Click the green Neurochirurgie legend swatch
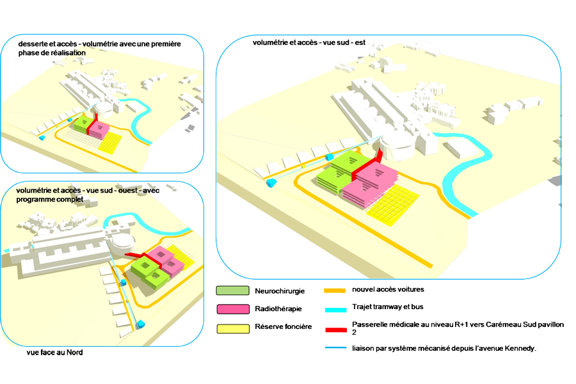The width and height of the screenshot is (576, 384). [232, 292]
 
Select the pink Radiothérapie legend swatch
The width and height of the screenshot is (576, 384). [232, 309]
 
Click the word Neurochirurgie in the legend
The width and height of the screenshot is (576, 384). [278, 292]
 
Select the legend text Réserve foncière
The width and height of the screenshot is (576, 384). [283, 327]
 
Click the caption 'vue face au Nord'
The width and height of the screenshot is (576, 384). [54, 352]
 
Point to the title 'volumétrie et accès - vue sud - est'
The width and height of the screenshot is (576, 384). [308, 43]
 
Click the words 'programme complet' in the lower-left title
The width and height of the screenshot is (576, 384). [49, 200]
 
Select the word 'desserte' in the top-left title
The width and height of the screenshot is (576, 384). [33, 44]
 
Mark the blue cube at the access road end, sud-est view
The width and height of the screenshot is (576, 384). [271, 183]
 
